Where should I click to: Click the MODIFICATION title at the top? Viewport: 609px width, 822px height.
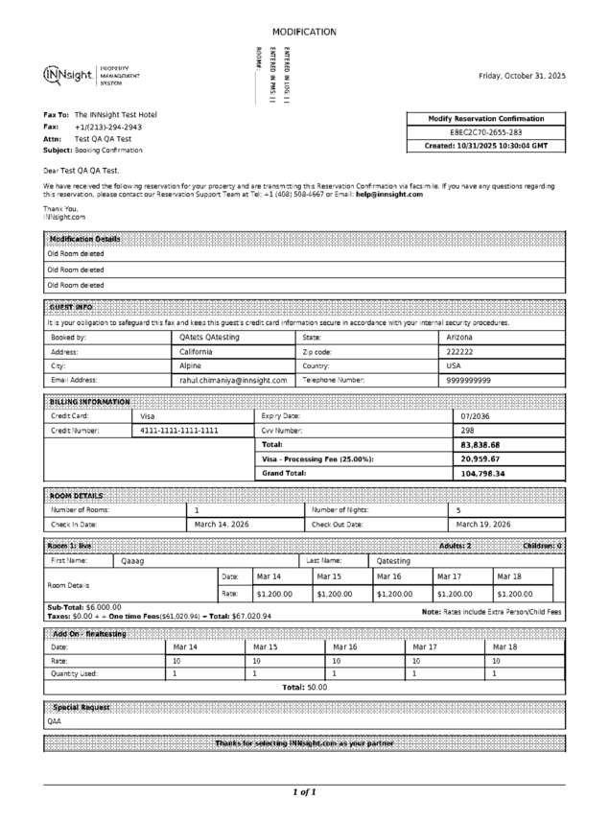[x=304, y=32]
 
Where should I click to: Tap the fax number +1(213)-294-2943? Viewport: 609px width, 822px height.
[x=108, y=127]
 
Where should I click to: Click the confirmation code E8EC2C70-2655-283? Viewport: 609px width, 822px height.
[x=486, y=132]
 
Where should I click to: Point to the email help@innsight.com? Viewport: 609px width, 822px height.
[x=389, y=194]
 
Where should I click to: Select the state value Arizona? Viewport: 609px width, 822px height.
[x=460, y=338]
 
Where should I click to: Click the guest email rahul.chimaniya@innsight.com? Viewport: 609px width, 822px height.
[x=233, y=380]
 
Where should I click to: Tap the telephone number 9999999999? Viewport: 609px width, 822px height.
[x=469, y=380]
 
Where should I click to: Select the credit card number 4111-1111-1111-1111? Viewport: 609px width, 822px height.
[x=179, y=431]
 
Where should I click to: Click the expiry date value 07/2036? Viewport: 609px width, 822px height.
[x=476, y=416]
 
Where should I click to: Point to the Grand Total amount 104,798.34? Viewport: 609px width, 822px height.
[x=482, y=474]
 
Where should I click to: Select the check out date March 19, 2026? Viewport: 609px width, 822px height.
[x=483, y=525]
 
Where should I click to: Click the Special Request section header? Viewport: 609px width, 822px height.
[x=81, y=707]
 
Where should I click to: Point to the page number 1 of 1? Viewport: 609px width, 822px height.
[x=304, y=792]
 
